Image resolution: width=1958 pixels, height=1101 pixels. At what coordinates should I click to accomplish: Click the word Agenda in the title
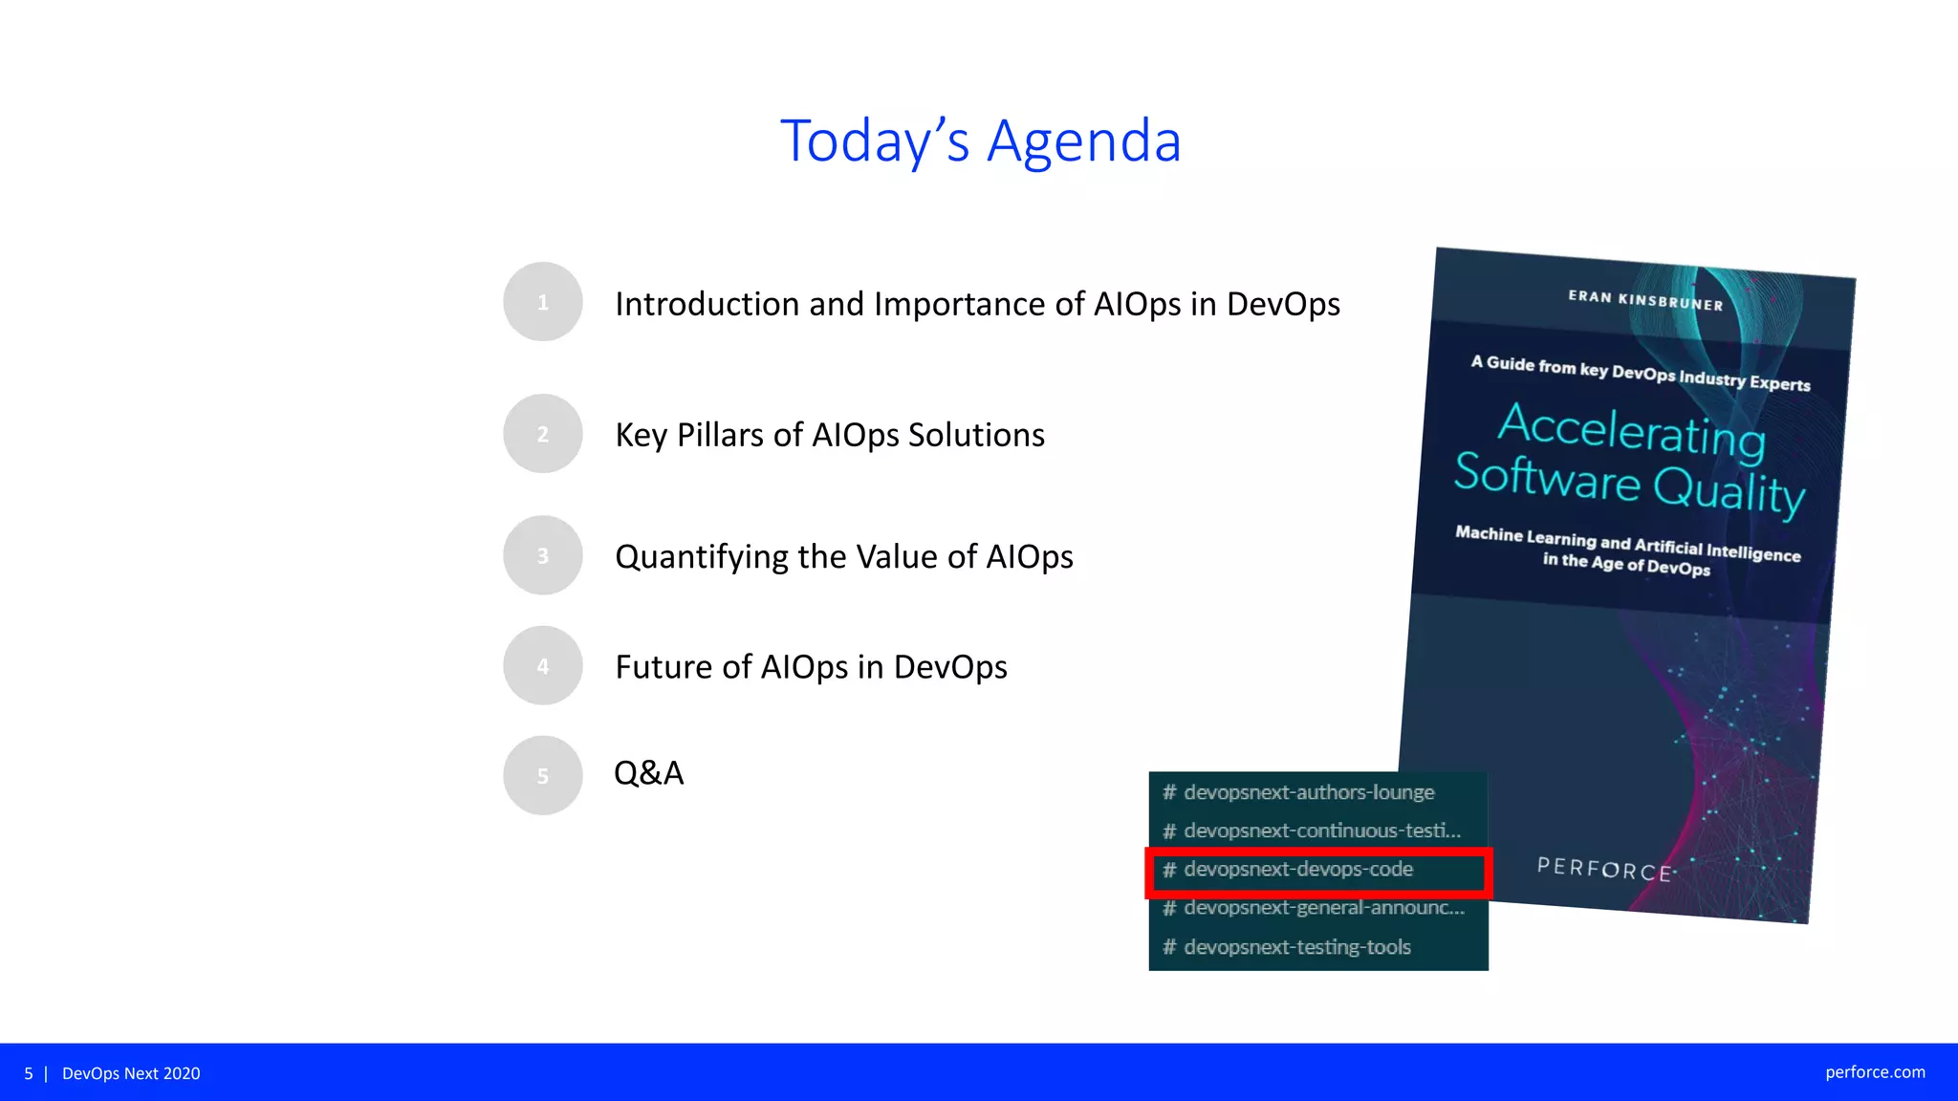click(1083, 141)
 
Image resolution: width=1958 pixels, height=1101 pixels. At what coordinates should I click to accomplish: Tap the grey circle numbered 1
click(542, 302)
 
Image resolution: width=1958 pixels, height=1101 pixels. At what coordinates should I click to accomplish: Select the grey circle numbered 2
click(542, 434)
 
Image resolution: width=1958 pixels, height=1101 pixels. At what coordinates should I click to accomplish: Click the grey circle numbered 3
click(542, 555)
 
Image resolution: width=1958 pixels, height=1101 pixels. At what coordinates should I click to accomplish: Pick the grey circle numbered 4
click(542, 666)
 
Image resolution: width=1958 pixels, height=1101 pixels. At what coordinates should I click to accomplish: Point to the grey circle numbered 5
click(542, 775)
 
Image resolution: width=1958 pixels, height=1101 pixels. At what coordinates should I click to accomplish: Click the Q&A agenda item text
click(648, 772)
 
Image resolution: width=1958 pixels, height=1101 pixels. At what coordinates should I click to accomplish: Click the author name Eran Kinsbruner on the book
click(1644, 300)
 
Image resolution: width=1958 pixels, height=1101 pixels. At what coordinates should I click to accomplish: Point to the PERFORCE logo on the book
click(1603, 869)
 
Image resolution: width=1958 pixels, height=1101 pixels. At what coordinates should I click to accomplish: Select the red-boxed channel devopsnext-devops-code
click(1297, 870)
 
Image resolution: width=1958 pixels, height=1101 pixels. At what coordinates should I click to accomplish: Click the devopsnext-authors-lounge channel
click(1308, 792)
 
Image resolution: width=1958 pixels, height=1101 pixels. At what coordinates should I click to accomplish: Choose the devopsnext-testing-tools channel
click(1296, 947)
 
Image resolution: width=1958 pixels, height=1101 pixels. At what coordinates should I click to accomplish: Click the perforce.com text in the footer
click(1874, 1072)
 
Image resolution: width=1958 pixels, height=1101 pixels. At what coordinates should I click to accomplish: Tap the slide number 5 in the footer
click(29, 1073)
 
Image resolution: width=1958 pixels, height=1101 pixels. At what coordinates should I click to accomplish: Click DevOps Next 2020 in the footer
click(131, 1073)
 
